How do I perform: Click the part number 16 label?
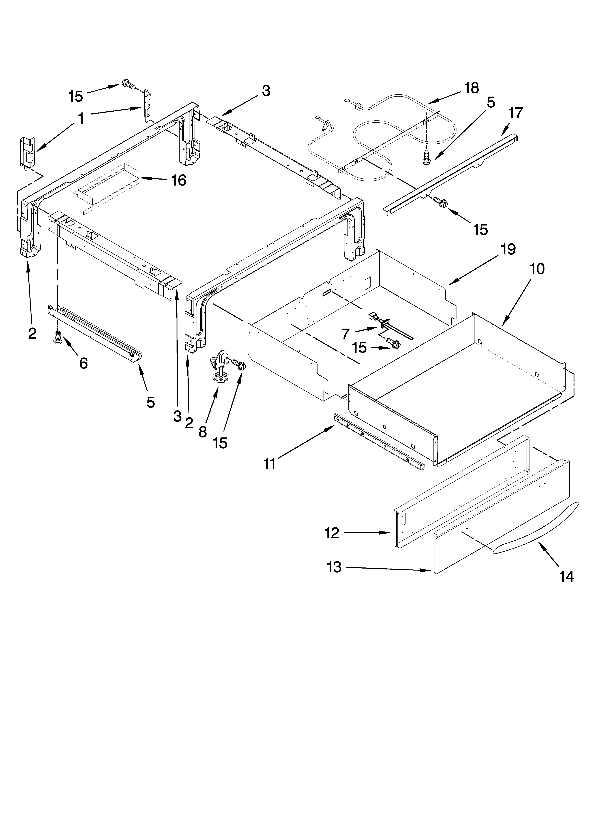pos(179,181)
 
